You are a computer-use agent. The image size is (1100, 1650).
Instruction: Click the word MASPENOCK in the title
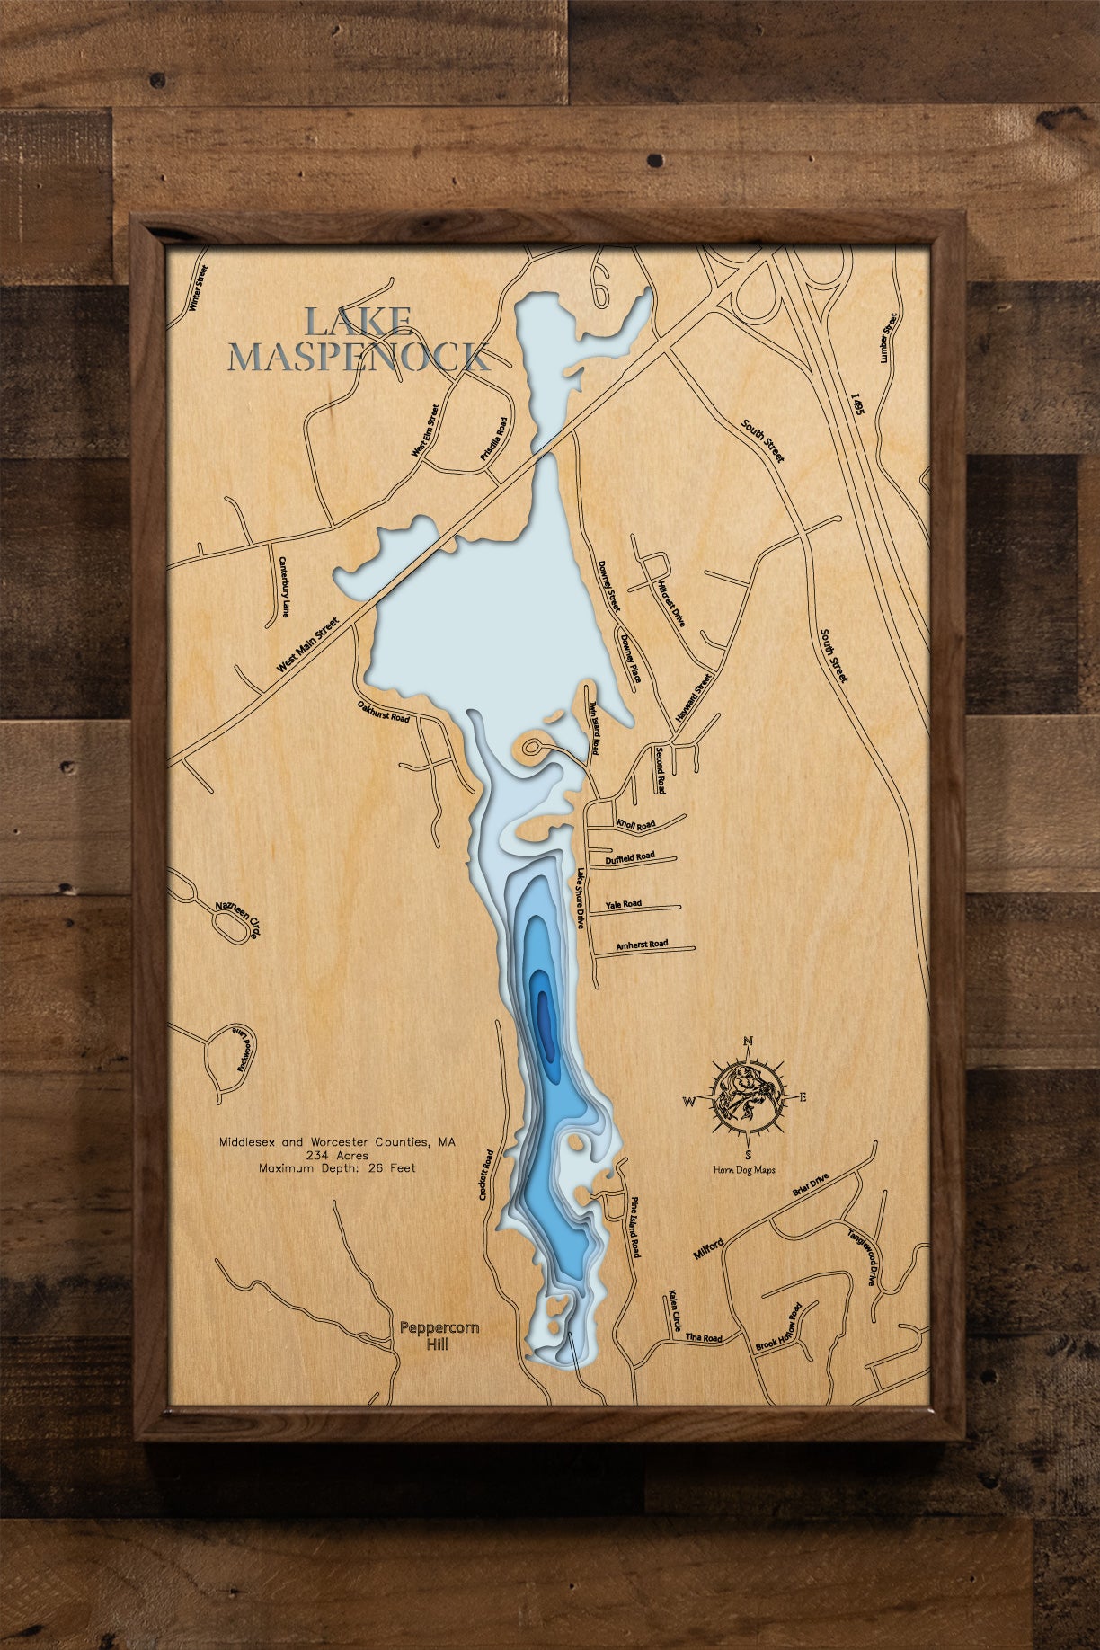tap(359, 357)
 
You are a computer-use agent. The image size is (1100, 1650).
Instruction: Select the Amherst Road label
tap(641, 945)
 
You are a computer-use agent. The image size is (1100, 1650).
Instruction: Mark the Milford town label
tap(708, 1248)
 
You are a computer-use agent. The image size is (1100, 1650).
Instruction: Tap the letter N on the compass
tap(748, 1042)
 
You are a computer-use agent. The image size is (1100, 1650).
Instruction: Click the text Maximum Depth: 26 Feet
tap(337, 1168)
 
